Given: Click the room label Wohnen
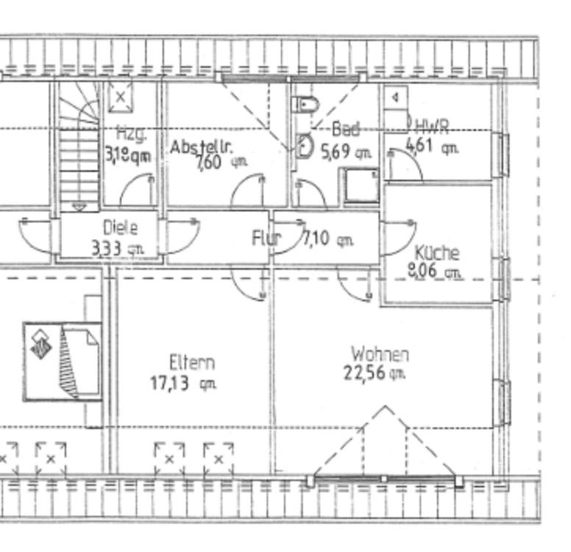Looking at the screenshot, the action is [x=380, y=355].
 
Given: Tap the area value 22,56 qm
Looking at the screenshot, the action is [x=375, y=372].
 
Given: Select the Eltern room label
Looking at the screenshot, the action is [x=192, y=363].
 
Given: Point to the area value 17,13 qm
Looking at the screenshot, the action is [x=183, y=383].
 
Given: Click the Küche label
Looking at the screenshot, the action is [x=437, y=253].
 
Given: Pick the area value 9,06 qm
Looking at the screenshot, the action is [x=434, y=272].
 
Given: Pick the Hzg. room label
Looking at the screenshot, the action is [x=132, y=134].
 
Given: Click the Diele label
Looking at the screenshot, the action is [x=120, y=227].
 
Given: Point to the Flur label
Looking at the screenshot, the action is [x=266, y=238].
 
